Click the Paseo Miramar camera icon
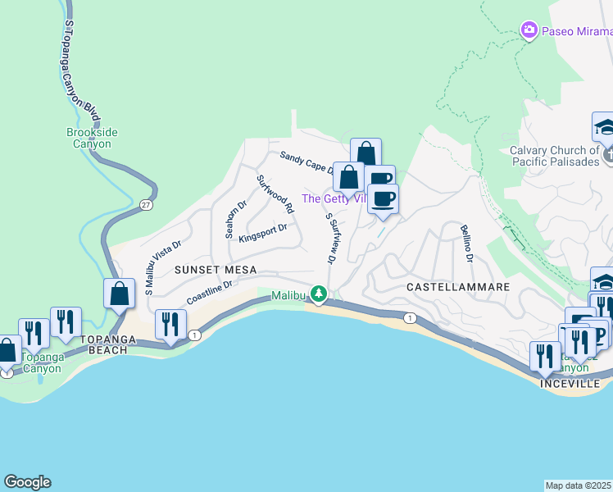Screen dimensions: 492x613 pyautogui.click(x=529, y=30)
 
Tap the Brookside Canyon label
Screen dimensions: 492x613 pyautogui.click(x=89, y=137)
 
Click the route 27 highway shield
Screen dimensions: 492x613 pyautogui.click(x=145, y=204)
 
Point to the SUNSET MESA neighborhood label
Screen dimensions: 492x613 pyautogui.click(x=215, y=270)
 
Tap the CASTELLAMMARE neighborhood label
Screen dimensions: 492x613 pyautogui.click(x=458, y=287)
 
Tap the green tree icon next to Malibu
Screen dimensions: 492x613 pyautogui.click(x=319, y=294)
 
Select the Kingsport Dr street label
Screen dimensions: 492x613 pyautogui.click(x=262, y=234)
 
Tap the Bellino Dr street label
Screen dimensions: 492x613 pyautogui.click(x=467, y=244)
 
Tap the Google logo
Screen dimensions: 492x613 pyautogui.click(x=27, y=482)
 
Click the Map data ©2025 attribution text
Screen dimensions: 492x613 pyautogui.click(x=579, y=485)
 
